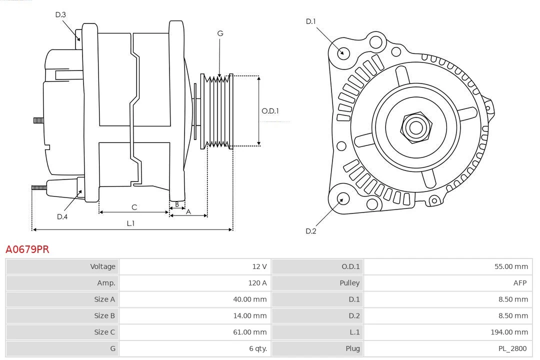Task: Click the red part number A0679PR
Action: [x=27, y=249]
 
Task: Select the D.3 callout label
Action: [x=60, y=15]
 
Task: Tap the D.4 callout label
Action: [x=62, y=216]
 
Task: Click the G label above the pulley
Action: [x=220, y=33]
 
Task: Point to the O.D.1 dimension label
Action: [x=270, y=111]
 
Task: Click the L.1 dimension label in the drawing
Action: [x=130, y=223]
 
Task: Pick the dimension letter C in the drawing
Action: [x=134, y=207]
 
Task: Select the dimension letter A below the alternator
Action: [x=188, y=211]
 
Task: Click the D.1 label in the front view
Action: [x=311, y=21]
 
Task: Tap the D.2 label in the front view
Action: [x=311, y=231]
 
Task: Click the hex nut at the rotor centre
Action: [x=415, y=127]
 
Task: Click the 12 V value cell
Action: [x=259, y=266]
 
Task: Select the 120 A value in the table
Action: [x=257, y=283]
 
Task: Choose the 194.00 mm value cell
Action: [x=509, y=332]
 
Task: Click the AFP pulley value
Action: [x=519, y=283]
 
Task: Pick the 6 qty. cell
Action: [x=256, y=348]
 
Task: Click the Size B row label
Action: [x=104, y=315]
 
